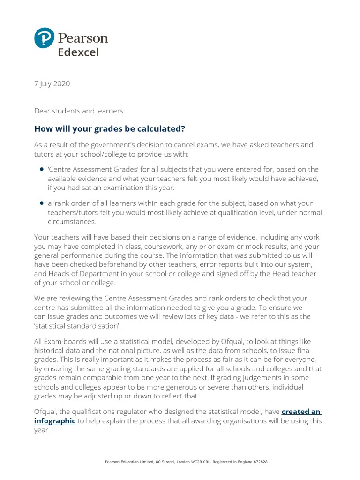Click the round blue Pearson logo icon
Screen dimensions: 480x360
point(44,37)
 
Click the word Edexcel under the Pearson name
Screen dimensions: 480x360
point(78,52)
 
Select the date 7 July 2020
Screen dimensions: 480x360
point(52,84)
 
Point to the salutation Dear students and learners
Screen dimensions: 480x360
point(79,111)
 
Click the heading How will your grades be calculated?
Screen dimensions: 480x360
point(106,129)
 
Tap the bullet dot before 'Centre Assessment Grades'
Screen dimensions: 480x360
point(42,170)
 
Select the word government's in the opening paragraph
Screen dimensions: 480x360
point(118,145)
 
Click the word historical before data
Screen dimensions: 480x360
point(53,350)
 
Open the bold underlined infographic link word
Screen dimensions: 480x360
point(55,420)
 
